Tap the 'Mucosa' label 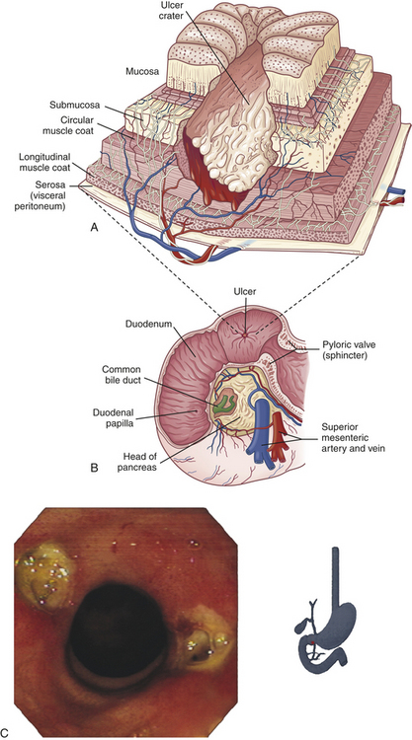click(x=141, y=72)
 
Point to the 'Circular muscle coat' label click(x=76, y=124)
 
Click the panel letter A click(x=94, y=228)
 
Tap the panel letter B click(x=94, y=469)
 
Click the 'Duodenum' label click(x=144, y=326)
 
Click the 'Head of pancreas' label click(x=139, y=461)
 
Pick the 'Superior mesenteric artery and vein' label click(x=353, y=438)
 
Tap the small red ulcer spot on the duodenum click(x=244, y=334)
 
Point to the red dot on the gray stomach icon click(x=314, y=641)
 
